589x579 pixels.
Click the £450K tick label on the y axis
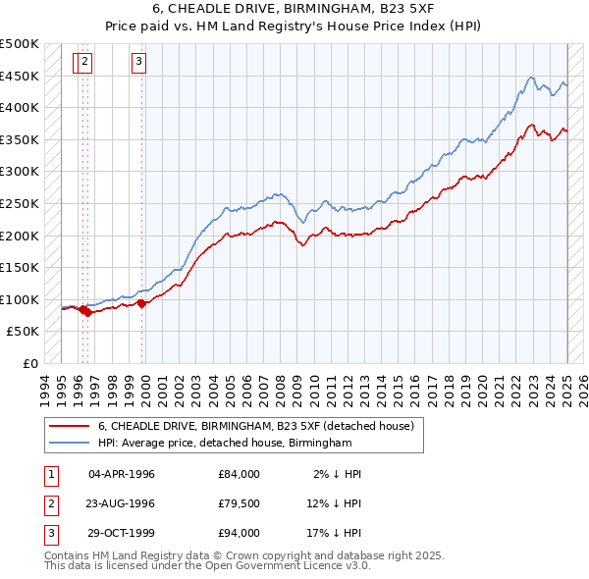pyautogui.click(x=20, y=76)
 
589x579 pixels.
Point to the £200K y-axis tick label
pyautogui.click(x=20, y=236)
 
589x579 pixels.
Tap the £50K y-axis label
pyautogui.click(x=24, y=332)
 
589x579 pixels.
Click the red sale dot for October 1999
pyautogui.click(x=141, y=303)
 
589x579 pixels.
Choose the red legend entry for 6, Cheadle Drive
pyautogui.click(x=256, y=426)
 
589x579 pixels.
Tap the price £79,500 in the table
pyautogui.click(x=240, y=503)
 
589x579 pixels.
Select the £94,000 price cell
pyautogui.click(x=240, y=533)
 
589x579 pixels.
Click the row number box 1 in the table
pyautogui.click(x=49, y=474)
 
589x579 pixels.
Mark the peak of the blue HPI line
pyautogui.click(x=530, y=77)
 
